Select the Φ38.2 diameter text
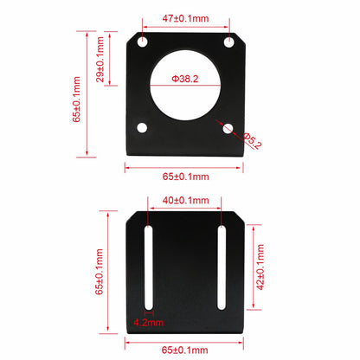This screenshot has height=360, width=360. click(186, 78)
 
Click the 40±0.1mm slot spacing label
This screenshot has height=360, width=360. click(186, 201)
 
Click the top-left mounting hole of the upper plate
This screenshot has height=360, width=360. click(143, 42)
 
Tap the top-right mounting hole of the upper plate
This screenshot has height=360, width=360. click(228, 42)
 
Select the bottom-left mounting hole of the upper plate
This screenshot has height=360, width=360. click(143, 128)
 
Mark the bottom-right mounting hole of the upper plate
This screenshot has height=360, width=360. click(228, 128)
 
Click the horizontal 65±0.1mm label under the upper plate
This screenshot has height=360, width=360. click(186, 176)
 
